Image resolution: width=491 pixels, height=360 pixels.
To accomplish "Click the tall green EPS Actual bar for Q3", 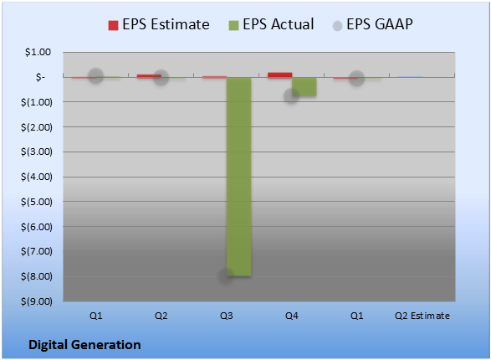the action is tap(238, 177).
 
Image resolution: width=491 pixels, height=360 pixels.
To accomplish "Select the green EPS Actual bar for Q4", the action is tap(304, 86).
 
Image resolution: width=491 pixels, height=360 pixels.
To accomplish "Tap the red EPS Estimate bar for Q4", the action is tap(280, 75).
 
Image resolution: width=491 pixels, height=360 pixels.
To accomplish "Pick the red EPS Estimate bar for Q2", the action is tap(149, 76).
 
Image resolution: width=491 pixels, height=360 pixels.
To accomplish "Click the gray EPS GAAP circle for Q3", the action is tap(226, 275).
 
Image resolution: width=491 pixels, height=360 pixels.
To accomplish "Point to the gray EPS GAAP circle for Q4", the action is tap(291, 96).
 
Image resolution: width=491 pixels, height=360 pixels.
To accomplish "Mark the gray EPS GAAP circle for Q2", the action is tap(161, 77).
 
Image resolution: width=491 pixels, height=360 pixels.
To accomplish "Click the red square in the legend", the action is tap(113, 25).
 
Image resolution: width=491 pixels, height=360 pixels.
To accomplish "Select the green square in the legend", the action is tap(233, 25).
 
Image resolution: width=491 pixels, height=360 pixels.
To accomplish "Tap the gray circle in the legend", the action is tap(337, 26).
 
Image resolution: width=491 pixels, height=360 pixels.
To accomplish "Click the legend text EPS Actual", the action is tap(278, 24).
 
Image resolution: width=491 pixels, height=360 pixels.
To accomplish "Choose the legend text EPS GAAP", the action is tap(380, 24).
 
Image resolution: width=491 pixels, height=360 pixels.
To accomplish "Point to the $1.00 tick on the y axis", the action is tap(38, 52).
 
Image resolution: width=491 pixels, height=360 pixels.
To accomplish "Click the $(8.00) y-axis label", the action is tap(37, 276).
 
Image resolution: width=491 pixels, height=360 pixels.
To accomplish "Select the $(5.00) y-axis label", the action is tap(37, 202).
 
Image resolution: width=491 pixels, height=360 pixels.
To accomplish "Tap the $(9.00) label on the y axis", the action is tap(37, 301).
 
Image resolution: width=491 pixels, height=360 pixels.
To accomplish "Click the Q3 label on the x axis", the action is tap(227, 316).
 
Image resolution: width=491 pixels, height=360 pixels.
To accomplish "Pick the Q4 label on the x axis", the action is tap(292, 316).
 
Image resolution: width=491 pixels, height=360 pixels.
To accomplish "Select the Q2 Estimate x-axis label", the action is tap(422, 316).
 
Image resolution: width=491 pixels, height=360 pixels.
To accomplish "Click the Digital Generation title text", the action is tap(84, 345).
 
